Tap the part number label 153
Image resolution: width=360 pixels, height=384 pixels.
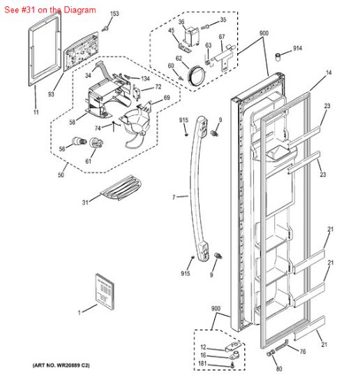click(114, 14)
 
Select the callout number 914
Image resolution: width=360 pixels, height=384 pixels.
click(298, 48)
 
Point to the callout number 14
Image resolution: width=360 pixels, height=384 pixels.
click(328, 73)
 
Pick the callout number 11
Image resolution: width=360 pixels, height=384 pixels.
click(36, 112)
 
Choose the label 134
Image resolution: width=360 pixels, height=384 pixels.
click(145, 78)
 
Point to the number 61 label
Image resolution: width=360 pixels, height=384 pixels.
click(89, 162)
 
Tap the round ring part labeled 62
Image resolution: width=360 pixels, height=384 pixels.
click(197, 72)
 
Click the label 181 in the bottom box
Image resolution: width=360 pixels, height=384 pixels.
click(203, 364)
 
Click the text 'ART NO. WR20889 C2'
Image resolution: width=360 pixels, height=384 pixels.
click(61, 366)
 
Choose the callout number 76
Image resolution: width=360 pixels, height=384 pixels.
click(303, 351)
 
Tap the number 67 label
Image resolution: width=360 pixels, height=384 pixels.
click(221, 37)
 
